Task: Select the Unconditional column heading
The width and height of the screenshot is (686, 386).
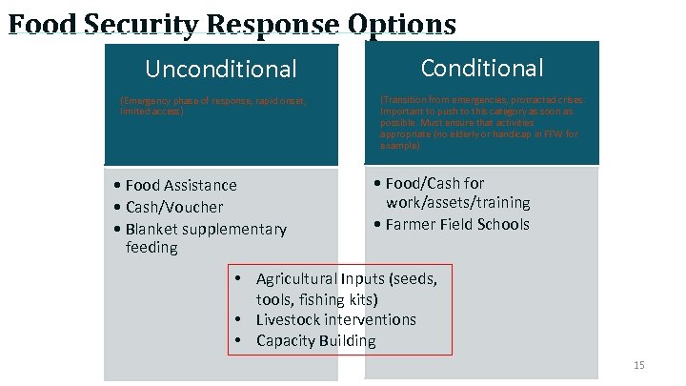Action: coord(220,70)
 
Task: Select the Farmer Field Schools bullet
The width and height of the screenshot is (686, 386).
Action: coord(456,224)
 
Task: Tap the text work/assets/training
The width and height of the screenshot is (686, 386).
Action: coord(457,203)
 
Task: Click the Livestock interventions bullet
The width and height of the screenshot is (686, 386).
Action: coord(335,319)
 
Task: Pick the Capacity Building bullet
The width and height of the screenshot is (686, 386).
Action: coord(315,340)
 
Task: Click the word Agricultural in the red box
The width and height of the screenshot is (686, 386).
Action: coord(296,278)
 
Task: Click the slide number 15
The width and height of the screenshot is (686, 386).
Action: coord(638,366)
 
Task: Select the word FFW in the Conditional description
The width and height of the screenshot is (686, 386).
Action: coord(553,135)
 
